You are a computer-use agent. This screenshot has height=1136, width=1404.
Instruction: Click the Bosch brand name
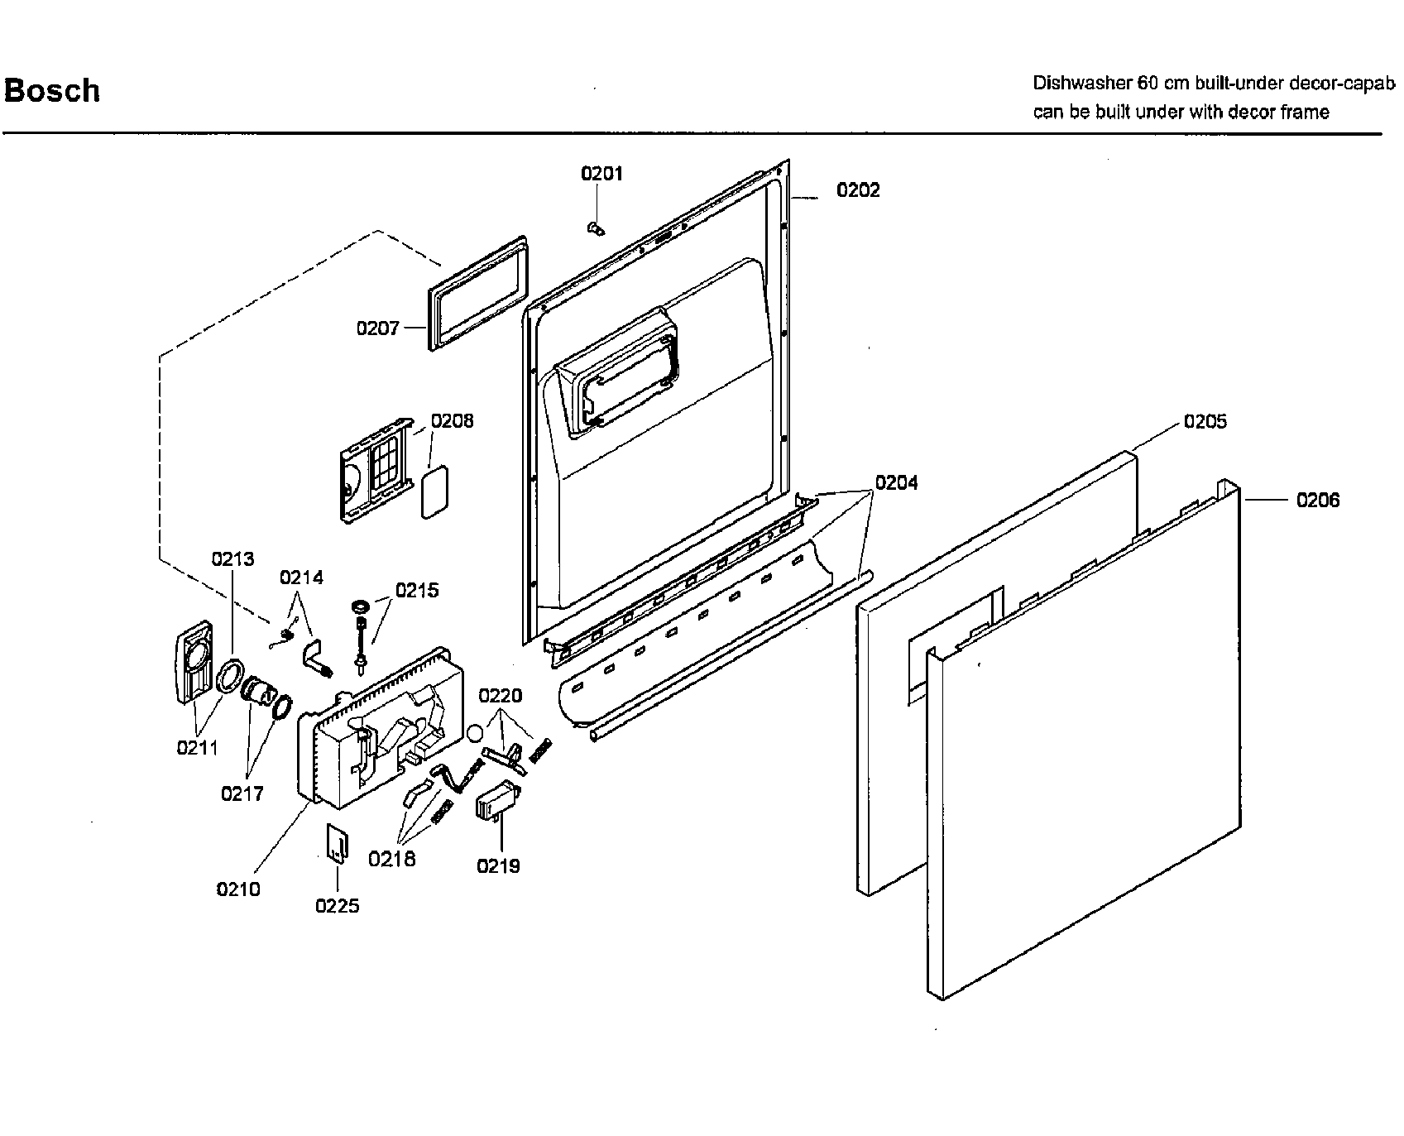click(x=52, y=90)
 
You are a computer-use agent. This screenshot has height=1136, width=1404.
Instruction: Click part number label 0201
click(x=601, y=174)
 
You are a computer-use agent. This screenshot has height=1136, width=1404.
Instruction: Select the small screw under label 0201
click(x=592, y=228)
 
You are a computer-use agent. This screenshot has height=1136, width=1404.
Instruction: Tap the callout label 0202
click(x=858, y=190)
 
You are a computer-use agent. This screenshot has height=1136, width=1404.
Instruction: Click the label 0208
click(x=453, y=421)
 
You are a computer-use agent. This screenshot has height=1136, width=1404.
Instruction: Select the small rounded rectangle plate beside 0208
click(x=434, y=491)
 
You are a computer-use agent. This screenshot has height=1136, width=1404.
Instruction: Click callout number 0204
click(x=896, y=482)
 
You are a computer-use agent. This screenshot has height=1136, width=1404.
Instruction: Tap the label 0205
click(x=1205, y=422)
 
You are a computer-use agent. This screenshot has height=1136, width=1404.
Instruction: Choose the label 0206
click(x=1318, y=500)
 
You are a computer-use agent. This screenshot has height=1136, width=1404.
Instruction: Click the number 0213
click(x=232, y=559)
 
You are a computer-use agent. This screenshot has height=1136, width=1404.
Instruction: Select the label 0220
click(x=501, y=696)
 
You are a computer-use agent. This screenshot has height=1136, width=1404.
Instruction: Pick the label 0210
click(x=238, y=889)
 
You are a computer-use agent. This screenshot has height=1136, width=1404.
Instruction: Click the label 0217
click(x=242, y=794)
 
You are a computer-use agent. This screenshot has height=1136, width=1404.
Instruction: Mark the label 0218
click(x=392, y=859)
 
